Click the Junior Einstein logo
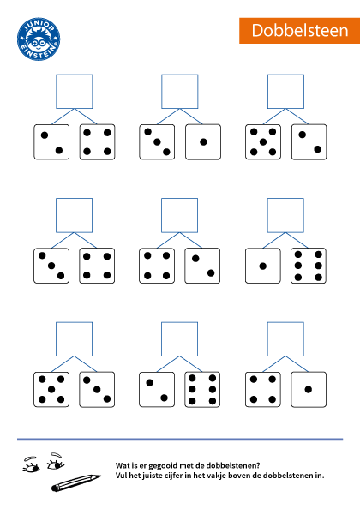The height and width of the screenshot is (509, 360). pyautogui.click(x=39, y=39)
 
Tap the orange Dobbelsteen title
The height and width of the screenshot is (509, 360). pyautogui.click(x=300, y=31)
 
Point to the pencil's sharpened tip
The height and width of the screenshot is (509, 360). pyautogui.click(x=99, y=476)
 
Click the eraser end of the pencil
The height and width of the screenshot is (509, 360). pyautogui.click(x=55, y=488)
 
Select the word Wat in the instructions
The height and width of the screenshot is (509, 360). pyautogui.click(x=122, y=465)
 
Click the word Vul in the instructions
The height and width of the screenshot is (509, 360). pyautogui.click(x=121, y=476)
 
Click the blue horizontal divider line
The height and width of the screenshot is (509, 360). pyautogui.click(x=180, y=440)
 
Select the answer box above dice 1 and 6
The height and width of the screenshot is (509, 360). pyautogui.click(x=285, y=215)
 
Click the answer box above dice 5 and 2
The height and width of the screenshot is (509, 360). pyautogui.click(x=285, y=92)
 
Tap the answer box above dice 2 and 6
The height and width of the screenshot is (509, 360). pyautogui.click(x=179, y=339)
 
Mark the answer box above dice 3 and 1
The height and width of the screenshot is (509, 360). pyautogui.click(x=180, y=92)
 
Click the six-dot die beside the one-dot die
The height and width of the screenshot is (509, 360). pyautogui.click(x=309, y=266)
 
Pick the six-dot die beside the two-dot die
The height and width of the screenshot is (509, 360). pyautogui.click(x=202, y=390)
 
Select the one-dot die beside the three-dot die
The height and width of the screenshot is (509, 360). pyautogui.click(x=203, y=142)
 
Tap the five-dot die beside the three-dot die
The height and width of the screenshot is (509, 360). pyautogui.click(x=51, y=390)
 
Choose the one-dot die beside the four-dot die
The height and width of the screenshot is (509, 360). pyautogui.click(x=309, y=390)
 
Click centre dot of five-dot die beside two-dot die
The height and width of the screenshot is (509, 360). pyautogui.click(x=263, y=142)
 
